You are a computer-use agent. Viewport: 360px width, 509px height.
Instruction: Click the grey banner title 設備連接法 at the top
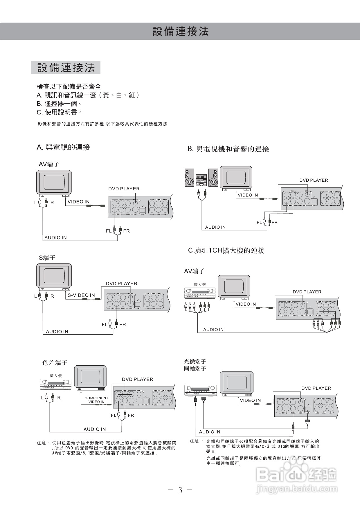pos(181,31)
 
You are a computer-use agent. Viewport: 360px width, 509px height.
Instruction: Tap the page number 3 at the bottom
pos(180,490)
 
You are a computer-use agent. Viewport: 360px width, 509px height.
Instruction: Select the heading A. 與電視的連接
pos(63,147)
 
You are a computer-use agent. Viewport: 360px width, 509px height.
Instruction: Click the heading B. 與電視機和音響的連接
pos(228,149)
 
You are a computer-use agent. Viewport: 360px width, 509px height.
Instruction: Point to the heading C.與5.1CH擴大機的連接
pos(226,250)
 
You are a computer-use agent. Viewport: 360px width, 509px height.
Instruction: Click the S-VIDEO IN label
pos(81,295)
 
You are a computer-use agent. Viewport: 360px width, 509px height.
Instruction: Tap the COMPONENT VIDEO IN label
pos(96,400)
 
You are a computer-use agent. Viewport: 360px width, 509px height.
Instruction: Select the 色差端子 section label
pos(55,362)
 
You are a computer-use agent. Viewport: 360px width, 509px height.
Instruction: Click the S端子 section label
pos(47,258)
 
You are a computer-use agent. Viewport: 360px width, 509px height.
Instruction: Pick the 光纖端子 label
pos(195,362)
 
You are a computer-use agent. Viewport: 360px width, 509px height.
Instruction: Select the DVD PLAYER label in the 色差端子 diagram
pos(137,379)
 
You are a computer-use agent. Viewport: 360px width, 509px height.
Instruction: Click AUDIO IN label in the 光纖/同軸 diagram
pos(210,432)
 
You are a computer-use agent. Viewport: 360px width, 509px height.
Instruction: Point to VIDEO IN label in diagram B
pos(248,195)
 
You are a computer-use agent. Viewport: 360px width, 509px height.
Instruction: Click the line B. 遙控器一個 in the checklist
pos(59,104)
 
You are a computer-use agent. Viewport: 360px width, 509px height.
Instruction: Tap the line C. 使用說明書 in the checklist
pos(60,112)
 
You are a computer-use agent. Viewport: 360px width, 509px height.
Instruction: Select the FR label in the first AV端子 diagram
pos(126,231)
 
